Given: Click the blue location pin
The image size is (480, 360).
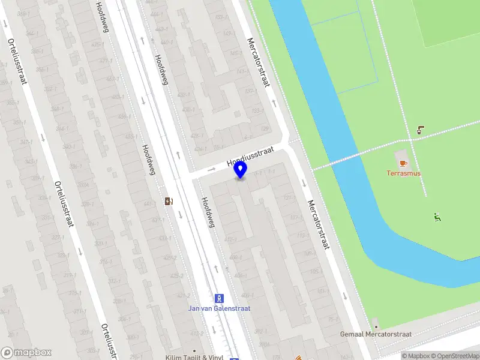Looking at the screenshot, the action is (x=241, y=170).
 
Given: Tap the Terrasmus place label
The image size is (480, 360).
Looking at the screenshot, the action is (x=403, y=173).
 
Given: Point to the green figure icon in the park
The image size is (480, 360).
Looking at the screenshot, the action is (x=437, y=217).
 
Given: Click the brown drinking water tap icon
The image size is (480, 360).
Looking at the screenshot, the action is (x=421, y=129).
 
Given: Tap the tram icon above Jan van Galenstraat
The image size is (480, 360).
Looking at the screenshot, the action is (x=220, y=298).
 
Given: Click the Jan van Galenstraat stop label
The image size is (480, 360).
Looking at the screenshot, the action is (x=220, y=308).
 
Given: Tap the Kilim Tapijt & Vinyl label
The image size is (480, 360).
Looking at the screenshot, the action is (x=194, y=358).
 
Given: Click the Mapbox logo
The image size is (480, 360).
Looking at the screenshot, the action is (x=26, y=352).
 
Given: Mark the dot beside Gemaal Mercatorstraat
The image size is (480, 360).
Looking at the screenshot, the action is (x=376, y=325).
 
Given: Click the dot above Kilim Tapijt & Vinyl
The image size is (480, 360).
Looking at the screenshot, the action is (x=194, y=350).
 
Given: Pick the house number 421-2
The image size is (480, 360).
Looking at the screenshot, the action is (x=184, y=295).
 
